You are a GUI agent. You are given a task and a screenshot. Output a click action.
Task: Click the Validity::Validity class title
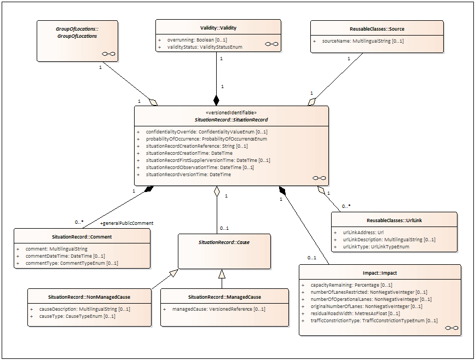[x=218, y=28]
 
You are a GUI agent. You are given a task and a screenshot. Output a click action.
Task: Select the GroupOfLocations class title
[x=77, y=32]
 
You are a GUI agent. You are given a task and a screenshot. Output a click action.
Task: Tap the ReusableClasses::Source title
[x=377, y=29]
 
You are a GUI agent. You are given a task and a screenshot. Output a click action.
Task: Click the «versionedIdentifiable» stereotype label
[x=231, y=113]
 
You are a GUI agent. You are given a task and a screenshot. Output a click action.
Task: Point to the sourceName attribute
[x=363, y=41]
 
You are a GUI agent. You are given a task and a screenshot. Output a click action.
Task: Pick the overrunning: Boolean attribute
[x=197, y=39]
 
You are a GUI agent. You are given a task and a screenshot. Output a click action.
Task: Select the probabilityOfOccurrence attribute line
[x=206, y=139]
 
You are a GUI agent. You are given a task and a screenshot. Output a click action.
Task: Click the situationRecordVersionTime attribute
[x=188, y=175]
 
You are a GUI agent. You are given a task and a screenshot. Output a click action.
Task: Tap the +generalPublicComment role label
[x=126, y=223]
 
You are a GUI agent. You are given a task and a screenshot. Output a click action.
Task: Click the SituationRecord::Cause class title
[x=224, y=242]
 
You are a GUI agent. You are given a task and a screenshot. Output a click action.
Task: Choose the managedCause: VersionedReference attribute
[x=219, y=309]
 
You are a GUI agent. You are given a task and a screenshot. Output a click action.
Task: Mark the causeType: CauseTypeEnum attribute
[x=77, y=316]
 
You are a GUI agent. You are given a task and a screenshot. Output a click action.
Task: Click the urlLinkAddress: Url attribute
[x=363, y=233]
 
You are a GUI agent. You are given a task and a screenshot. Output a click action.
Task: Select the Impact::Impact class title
[x=380, y=273]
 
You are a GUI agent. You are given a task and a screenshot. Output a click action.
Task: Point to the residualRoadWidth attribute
[x=355, y=313]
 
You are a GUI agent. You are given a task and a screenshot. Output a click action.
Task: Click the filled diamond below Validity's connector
[x=216, y=100]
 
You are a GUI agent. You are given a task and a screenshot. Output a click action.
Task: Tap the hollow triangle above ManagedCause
[x=222, y=274]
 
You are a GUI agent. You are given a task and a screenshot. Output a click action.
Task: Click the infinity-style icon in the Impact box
[x=451, y=328]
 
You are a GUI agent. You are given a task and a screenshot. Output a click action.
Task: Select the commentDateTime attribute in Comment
[x=65, y=256]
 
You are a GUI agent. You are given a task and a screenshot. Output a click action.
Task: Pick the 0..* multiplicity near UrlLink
[x=346, y=206]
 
